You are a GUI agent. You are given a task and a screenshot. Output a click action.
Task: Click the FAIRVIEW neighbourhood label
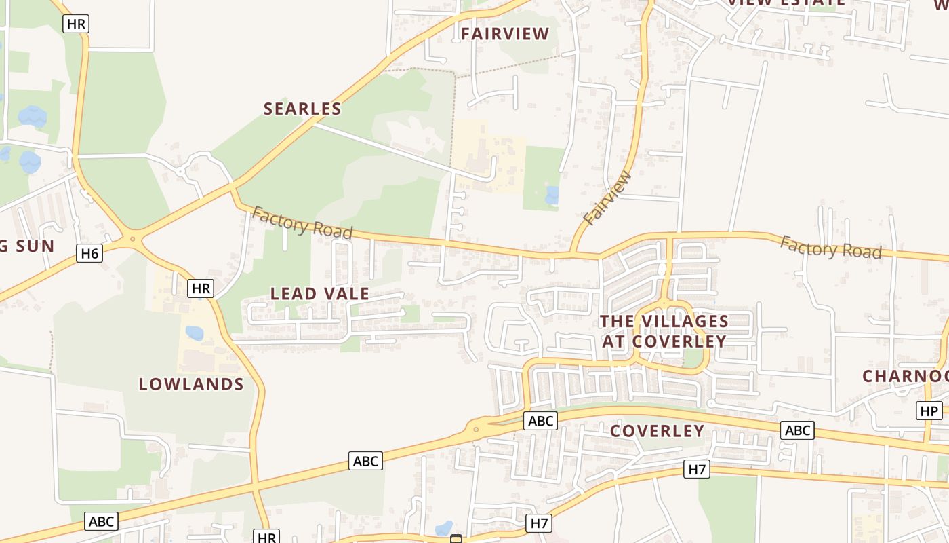tap(505, 34)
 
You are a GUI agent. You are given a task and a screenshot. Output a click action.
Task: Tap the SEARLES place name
tap(302, 109)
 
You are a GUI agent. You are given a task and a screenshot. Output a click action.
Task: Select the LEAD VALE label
tap(320, 294)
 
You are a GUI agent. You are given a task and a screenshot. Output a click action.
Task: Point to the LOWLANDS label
tap(191, 384)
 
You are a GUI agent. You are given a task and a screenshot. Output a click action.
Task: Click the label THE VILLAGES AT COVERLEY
tap(664, 331)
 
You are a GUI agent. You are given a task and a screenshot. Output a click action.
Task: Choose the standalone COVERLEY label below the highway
tap(657, 431)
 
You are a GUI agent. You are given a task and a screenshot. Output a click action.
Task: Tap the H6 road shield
tap(89, 254)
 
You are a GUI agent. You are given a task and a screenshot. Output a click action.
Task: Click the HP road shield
tap(929, 411)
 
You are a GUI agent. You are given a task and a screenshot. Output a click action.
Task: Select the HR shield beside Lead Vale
tap(201, 288)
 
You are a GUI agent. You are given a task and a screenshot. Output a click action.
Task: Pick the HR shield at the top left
tap(76, 24)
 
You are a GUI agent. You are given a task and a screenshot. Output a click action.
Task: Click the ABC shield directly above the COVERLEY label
tap(540, 421)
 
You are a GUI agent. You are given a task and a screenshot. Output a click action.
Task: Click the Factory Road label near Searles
tap(302, 223)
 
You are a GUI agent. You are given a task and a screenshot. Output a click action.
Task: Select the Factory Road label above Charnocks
tap(830, 248)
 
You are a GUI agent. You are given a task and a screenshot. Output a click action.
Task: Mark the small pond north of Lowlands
tap(195, 333)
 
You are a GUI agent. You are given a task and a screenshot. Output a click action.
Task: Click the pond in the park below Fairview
tap(552, 195)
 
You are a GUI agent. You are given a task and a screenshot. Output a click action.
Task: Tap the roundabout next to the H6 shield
tap(133, 238)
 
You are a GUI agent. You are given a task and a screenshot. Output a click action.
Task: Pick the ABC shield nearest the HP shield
tap(797, 430)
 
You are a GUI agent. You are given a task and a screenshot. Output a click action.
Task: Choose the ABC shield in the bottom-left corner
tap(101, 521)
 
